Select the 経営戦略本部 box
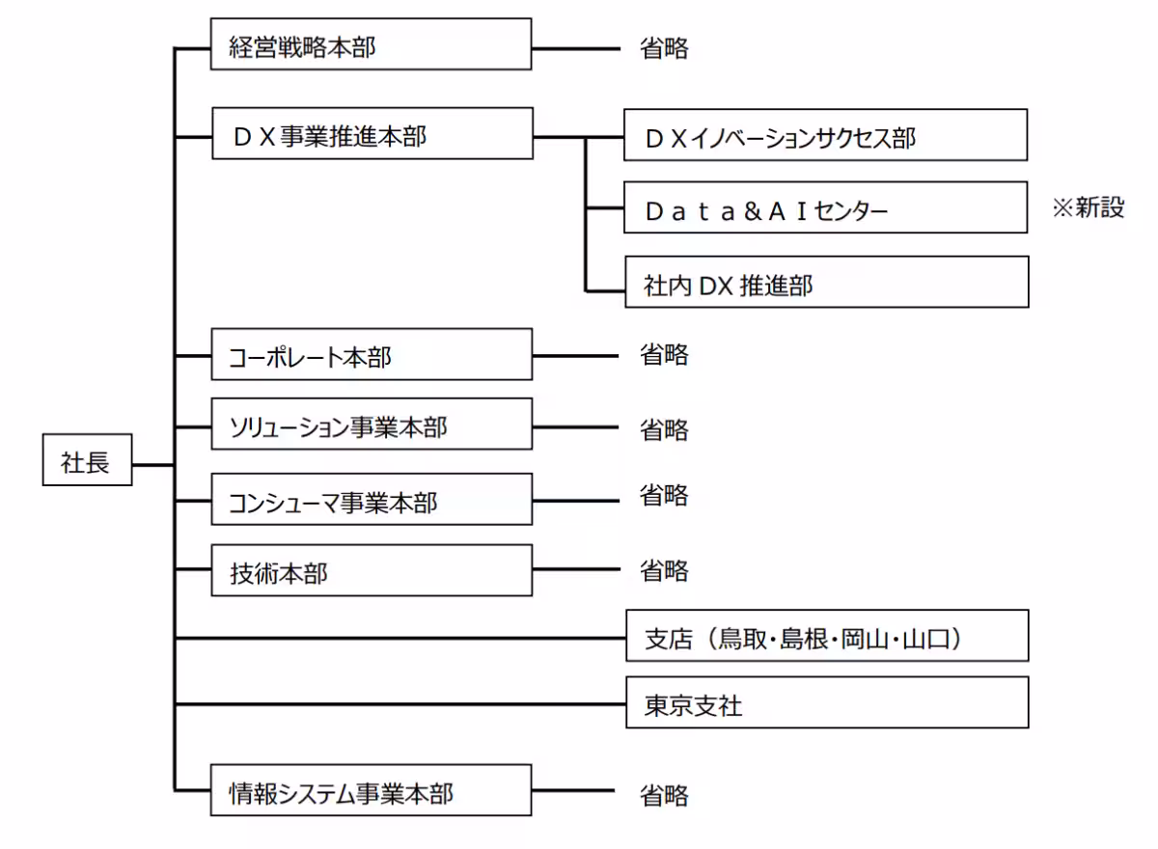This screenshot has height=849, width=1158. [x=371, y=44]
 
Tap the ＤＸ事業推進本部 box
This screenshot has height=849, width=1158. [x=371, y=134]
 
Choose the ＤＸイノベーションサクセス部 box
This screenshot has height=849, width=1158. [x=825, y=135]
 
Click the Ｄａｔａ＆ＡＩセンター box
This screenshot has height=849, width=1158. [x=825, y=207]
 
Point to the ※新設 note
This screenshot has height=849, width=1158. [x=1089, y=207]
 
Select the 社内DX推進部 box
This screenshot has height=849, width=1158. [x=825, y=283]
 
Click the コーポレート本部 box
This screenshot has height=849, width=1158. [x=371, y=354]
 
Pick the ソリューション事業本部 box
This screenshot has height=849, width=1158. [x=371, y=424]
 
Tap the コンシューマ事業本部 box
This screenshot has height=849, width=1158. [x=371, y=499]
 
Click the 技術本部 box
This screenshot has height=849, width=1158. [x=371, y=570]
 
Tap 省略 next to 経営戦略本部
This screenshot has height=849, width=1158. [x=664, y=48]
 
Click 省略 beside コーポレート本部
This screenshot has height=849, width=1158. [x=664, y=354]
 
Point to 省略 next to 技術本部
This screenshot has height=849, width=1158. [x=664, y=570]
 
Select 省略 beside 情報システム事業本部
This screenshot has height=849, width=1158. [x=664, y=795]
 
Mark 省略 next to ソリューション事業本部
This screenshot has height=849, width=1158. [x=664, y=429]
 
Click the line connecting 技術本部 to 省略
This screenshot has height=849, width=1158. [x=574, y=569]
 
